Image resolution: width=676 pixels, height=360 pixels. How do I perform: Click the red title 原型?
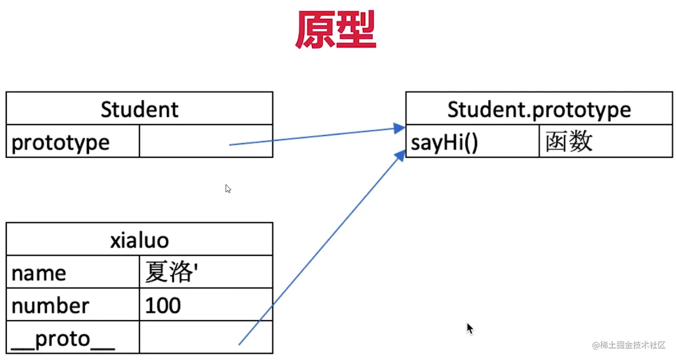[x=335, y=30]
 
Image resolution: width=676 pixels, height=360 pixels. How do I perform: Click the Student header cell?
[x=139, y=109]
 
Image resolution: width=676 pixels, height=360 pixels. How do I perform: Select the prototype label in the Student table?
[x=61, y=143]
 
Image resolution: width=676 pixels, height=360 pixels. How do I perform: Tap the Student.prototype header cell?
[x=539, y=109]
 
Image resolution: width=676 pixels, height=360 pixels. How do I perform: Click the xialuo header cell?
[x=139, y=240]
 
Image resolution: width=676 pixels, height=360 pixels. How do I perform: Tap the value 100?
[x=163, y=305]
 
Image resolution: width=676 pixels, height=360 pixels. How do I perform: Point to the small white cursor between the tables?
[x=228, y=188]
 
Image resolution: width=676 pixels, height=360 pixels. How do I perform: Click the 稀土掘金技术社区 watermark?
[x=628, y=345]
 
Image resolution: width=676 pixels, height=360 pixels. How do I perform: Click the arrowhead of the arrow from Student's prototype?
[x=400, y=128]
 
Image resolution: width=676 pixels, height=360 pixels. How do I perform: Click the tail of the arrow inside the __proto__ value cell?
[x=239, y=343]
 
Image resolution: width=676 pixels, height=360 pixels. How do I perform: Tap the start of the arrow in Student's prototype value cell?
[x=230, y=144]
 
